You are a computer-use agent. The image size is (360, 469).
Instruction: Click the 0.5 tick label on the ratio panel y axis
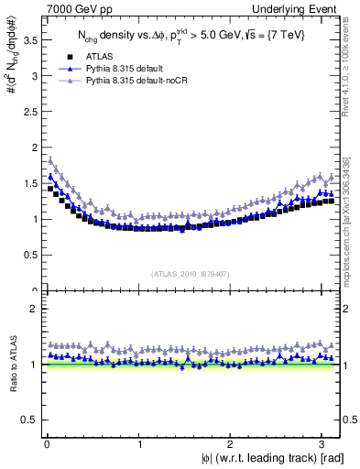point(28,420)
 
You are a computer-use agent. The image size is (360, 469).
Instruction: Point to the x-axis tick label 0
point(46,446)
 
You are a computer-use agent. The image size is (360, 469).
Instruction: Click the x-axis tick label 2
point(231,446)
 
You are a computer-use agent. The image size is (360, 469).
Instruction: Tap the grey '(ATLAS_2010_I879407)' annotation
point(191,273)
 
